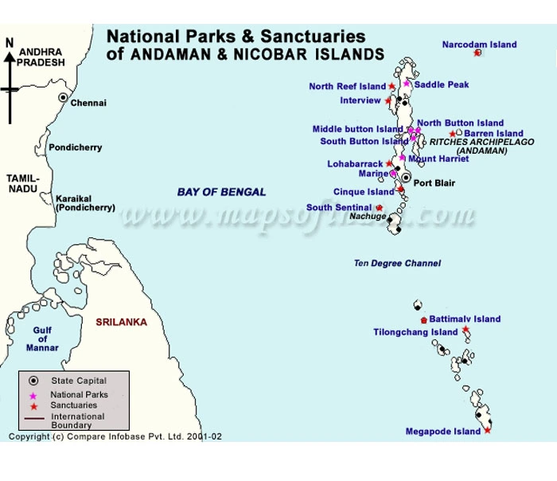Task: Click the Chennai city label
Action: click(88, 103)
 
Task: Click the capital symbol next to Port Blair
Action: click(407, 178)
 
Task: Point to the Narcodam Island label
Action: click(479, 45)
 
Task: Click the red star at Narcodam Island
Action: click(477, 53)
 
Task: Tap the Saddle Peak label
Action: click(442, 84)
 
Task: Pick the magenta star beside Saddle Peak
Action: click(407, 84)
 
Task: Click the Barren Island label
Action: click(493, 134)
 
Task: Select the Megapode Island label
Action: click(442, 432)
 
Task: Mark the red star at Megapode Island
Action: click(487, 431)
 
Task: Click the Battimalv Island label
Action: click(465, 319)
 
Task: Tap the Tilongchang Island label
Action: click(415, 332)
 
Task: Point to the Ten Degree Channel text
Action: click(397, 263)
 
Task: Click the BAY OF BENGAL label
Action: click(221, 192)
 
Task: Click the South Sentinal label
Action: click(340, 208)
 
